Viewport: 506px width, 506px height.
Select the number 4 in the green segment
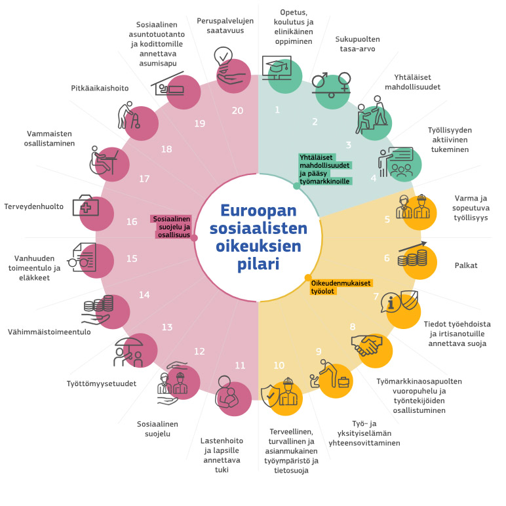pyautogui.click(x=374, y=178)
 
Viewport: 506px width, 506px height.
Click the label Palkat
pyautogui.click(x=467, y=265)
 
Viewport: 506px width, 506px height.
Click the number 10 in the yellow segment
pyautogui.click(x=279, y=365)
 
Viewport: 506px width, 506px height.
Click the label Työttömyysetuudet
pyautogui.click(x=102, y=383)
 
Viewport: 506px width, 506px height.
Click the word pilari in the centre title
pyautogui.click(x=258, y=265)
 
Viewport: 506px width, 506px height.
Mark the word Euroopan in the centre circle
pyautogui.click(x=258, y=210)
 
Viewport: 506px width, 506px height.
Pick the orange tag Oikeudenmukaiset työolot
pyautogui.click(x=332, y=287)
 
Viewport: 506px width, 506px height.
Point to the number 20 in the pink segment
pyautogui.click(x=237, y=111)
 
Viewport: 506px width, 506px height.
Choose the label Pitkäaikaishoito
pyautogui.click(x=100, y=88)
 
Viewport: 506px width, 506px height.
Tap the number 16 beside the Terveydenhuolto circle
pyautogui.click(x=132, y=222)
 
